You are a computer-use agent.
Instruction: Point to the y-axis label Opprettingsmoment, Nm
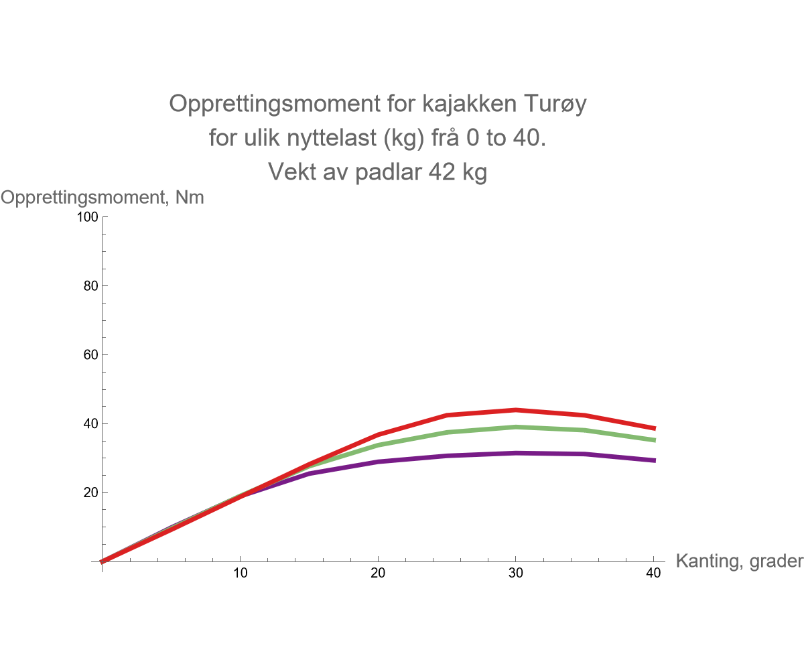click(x=102, y=198)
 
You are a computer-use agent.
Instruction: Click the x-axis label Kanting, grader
click(x=739, y=561)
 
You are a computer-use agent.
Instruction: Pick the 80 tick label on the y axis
click(x=92, y=286)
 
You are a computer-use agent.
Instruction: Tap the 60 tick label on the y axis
click(x=92, y=355)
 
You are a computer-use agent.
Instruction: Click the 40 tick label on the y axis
click(x=92, y=424)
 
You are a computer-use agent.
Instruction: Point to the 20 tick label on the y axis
click(x=92, y=492)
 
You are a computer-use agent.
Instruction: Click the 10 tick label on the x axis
click(x=240, y=574)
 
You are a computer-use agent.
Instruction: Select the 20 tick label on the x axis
click(x=378, y=574)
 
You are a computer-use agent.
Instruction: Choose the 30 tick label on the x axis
click(x=516, y=574)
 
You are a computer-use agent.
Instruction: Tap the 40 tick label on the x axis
click(x=653, y=574)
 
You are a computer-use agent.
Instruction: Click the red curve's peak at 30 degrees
click(x=515, y=410)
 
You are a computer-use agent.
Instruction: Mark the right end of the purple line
click(x=653, y=460)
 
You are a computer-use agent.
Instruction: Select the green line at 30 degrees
click(x=515, y=427)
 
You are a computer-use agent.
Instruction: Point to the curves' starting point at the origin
click(x=102, y=561)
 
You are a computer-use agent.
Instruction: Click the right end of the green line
click(x=653, y=440)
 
